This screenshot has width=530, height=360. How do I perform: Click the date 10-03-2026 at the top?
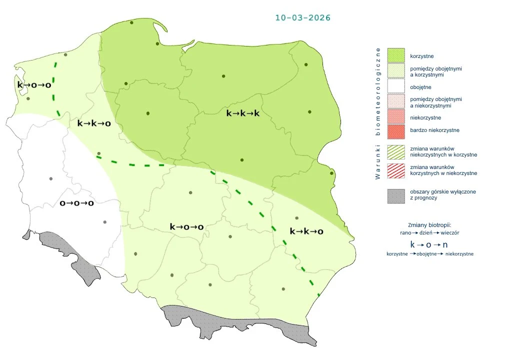coord(302,17)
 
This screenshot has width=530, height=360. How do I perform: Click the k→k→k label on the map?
coord(243,113)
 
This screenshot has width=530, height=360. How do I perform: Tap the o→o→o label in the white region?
coord(77,203)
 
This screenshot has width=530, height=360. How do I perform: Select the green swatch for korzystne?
coord(395,56)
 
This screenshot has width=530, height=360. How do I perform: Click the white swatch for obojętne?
coord(395,87)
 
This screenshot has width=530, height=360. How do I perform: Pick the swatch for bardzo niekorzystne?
coord(395,130)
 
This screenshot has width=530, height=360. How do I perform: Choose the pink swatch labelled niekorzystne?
coord(395,117)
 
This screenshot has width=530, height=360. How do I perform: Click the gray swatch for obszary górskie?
coord(395,195)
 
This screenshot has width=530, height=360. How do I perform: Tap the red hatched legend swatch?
coord(395,170)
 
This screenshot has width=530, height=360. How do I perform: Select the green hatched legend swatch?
coord(395,151)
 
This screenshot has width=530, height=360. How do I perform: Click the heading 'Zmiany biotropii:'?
coord(430,224)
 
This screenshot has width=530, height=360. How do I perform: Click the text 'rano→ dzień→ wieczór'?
coord(430,232)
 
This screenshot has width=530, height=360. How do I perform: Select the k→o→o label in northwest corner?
coord(34,85)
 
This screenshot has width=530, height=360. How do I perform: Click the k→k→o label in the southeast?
coord(306,231)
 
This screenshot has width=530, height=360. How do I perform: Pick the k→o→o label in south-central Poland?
coord(186,227)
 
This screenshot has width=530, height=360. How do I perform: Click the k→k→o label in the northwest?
coord(94,123)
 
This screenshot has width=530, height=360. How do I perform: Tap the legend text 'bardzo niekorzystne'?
coord(434,130)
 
